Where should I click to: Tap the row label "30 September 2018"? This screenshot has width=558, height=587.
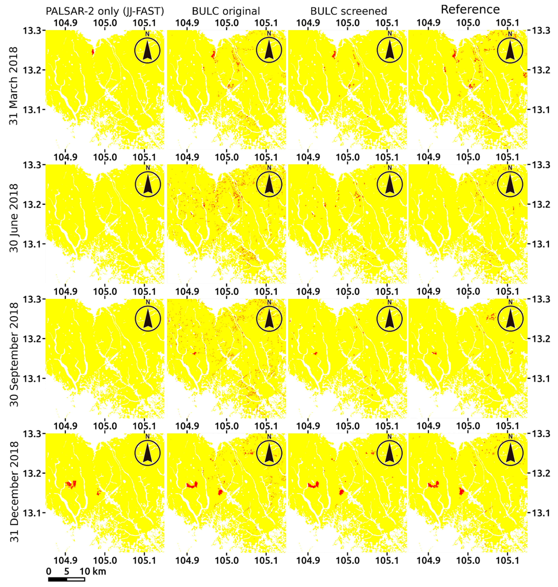tap(14, 354)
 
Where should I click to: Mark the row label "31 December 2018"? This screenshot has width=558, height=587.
tap(14, 491)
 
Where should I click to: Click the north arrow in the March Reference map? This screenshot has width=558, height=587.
tap(510, 50)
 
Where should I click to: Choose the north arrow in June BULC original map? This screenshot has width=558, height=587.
tap(269, 184)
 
